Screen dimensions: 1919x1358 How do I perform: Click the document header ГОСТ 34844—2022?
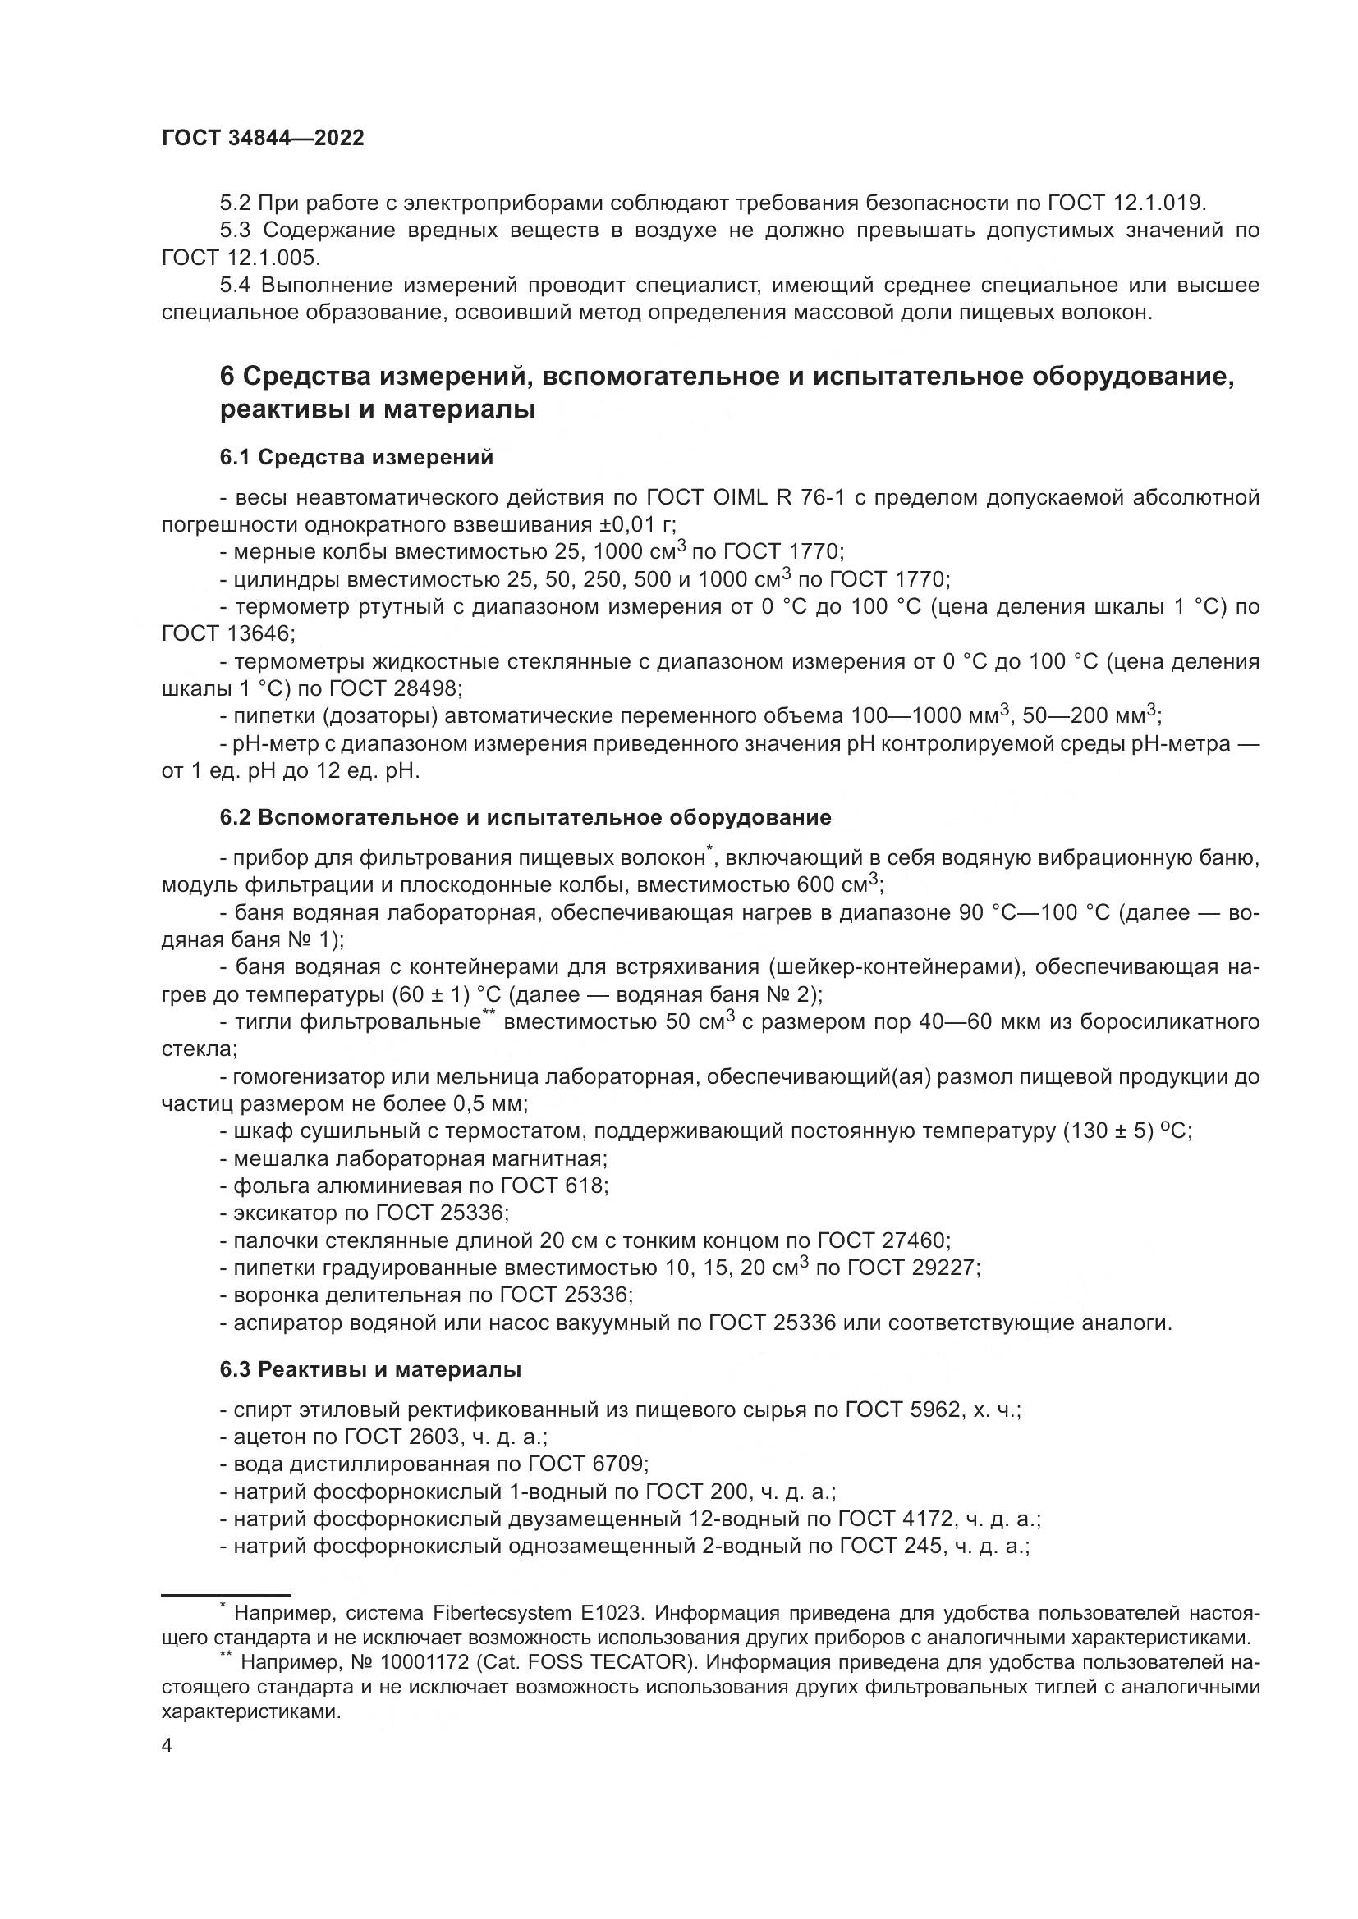(x=263, y=139)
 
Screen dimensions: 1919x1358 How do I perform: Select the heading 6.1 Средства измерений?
(x=356, y=457)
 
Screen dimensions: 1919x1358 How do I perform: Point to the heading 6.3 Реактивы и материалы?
(x=370, y=1370)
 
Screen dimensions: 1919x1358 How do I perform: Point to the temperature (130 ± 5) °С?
(x=1126, y=1131)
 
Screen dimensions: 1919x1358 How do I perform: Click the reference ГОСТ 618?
(x=553, y=1186)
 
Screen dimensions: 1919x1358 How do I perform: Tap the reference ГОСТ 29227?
(x=912, y=1268)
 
